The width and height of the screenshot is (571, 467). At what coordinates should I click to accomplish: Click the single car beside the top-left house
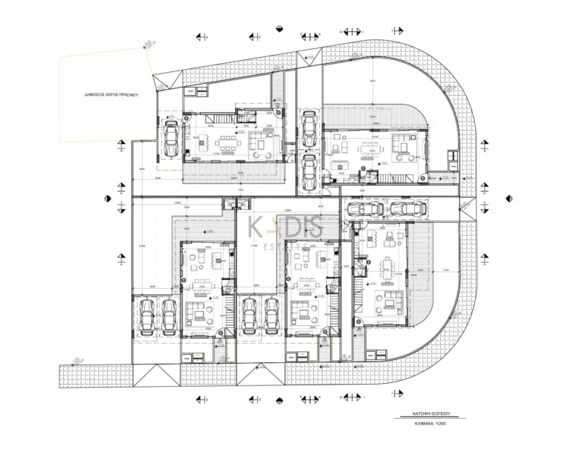coord(171,137)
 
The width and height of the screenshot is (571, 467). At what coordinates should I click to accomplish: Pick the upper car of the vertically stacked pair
coord(309,125)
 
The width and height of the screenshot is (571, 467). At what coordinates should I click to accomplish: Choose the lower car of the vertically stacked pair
coord(309,170)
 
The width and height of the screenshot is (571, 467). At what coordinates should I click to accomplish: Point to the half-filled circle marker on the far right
coord(509,199)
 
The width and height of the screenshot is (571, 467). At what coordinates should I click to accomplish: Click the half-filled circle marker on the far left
coord(107,199)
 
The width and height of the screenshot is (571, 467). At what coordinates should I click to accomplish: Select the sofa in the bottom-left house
coord(199,313)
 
